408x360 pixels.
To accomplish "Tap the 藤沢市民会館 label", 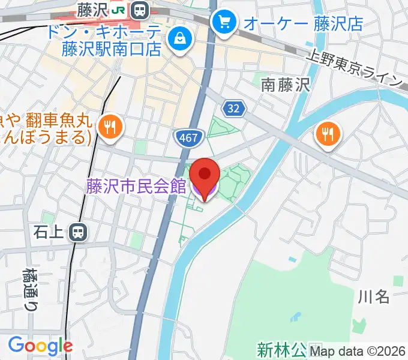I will [x=136, y=186].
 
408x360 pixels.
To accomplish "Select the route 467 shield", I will [x=187, y=137].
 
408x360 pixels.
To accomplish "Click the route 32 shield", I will [x=234, y=108].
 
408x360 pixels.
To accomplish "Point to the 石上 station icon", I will [x=77, y=232].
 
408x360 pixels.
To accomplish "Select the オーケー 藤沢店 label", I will [x=302, y=23].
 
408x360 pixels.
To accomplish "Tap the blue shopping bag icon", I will [x=179, y=41].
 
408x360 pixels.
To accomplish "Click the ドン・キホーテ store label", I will [x=112, y=40].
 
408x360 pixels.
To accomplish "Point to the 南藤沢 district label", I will [x=285, y=86].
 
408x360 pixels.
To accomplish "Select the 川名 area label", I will [x=374, y=296].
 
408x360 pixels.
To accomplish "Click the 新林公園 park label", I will [x=283, y=349].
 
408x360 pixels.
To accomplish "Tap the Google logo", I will [x=40, y=346].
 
